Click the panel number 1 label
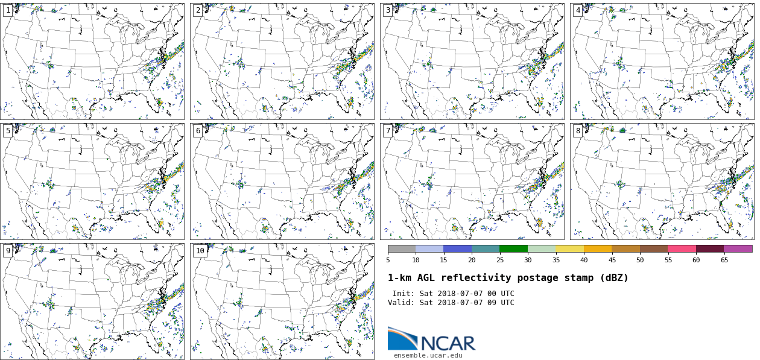click(8, 10)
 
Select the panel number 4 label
click(578, 10)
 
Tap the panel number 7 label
click(388, 131)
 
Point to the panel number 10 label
click(200, 251)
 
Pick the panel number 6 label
click(198, 131)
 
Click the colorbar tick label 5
click(388, 261)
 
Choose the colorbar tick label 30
click(528, 261)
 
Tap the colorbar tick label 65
click(724, 261)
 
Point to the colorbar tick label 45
click(612, 261)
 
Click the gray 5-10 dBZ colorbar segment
click(402, 248)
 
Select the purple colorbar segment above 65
click(738, 248)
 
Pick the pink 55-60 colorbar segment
click(682, 248)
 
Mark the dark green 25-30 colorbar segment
click(513, 248)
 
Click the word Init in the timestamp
click(402, 294)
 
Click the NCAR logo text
click(448, 343)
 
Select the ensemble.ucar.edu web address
click(428, 356)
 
